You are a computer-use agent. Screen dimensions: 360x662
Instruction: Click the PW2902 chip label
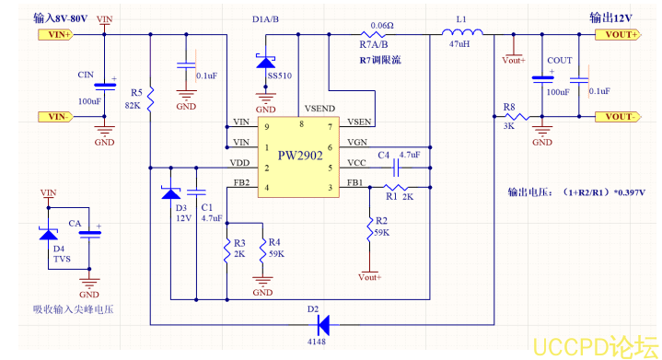coord(300,157)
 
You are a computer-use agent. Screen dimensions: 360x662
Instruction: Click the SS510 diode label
coord(280,75)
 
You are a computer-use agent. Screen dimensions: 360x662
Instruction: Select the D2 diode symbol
coord(321,324)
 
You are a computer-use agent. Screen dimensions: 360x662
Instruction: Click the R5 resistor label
coord(136,93)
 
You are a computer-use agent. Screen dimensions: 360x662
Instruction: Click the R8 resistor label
coord(509,107)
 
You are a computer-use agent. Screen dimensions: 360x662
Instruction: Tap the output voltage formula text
coord(576,193)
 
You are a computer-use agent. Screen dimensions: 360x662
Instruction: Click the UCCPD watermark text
coord(595,345)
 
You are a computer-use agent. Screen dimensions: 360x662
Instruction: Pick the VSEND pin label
coord(319,108)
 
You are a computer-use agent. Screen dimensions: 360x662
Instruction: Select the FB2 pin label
coord(241,182)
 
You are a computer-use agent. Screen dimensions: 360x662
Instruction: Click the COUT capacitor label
coord(559,60)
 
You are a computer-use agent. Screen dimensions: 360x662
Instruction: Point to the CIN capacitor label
coord(86,74)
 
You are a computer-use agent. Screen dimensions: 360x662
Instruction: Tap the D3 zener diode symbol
coord(171,194)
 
